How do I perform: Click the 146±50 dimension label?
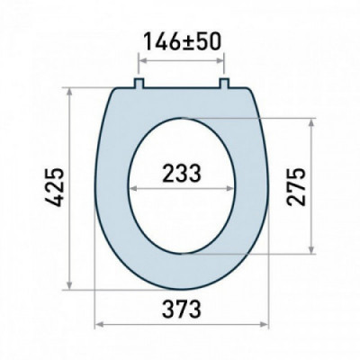pyautogui.click(x=183, y=41)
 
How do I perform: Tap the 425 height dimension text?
pyautogui.click(x=55, y=188)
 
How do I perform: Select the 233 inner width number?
pyautogui.click(x=182, y=173)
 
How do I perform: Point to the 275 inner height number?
pyautogui.click(x=296, y=186)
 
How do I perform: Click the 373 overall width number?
pyautogui.click(x=182, y=309)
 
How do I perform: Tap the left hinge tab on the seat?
pyautogui.click(x=139, y=84)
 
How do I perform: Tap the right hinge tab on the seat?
pyautogui.click(x=224, y=84)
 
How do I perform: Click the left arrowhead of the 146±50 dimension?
pyautogui.click(x=143, y=61)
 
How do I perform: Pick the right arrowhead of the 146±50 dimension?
pyautogui.click(x=220, y=61)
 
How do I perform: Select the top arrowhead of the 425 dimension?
pyautogui.click(x=70, y=93)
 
